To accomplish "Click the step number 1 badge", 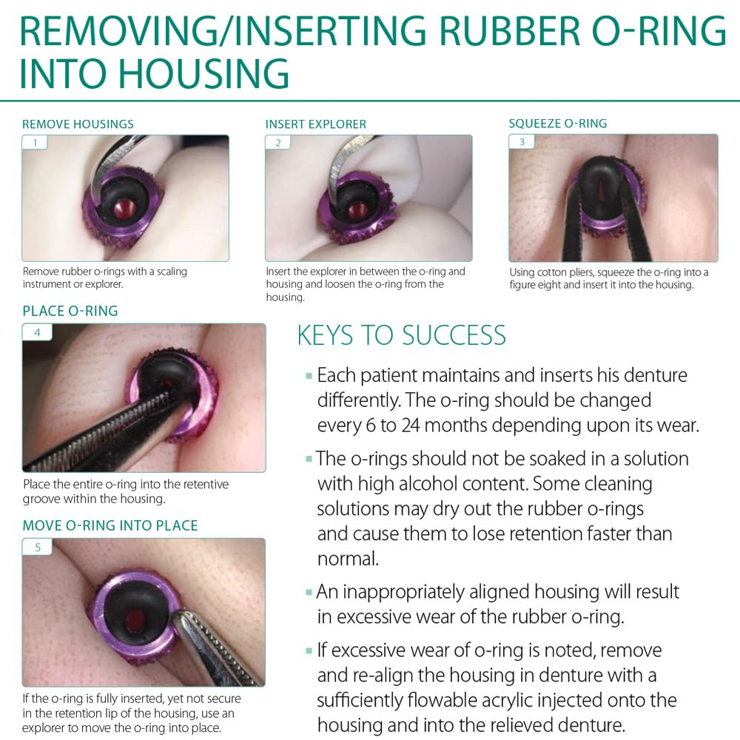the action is point(35,143).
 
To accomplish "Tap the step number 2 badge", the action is point(278,143).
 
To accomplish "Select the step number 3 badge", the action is point(522,141).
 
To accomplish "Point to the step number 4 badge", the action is point(37,332).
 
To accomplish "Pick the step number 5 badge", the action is point(37,547).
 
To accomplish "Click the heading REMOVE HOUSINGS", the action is point(78,124).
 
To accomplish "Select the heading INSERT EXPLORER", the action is point(316,124).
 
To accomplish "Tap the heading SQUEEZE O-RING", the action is point(558,124).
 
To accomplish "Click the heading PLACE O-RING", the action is point(70,311).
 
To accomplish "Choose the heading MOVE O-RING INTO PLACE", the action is point(110,525).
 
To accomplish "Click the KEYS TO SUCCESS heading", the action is point(402,335).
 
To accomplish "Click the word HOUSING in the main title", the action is point(202,73).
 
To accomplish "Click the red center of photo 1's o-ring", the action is point(125,206).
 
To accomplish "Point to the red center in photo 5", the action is point(135,618).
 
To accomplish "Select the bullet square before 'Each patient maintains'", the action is point(309,376).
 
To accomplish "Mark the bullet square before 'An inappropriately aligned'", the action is point(309,592).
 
